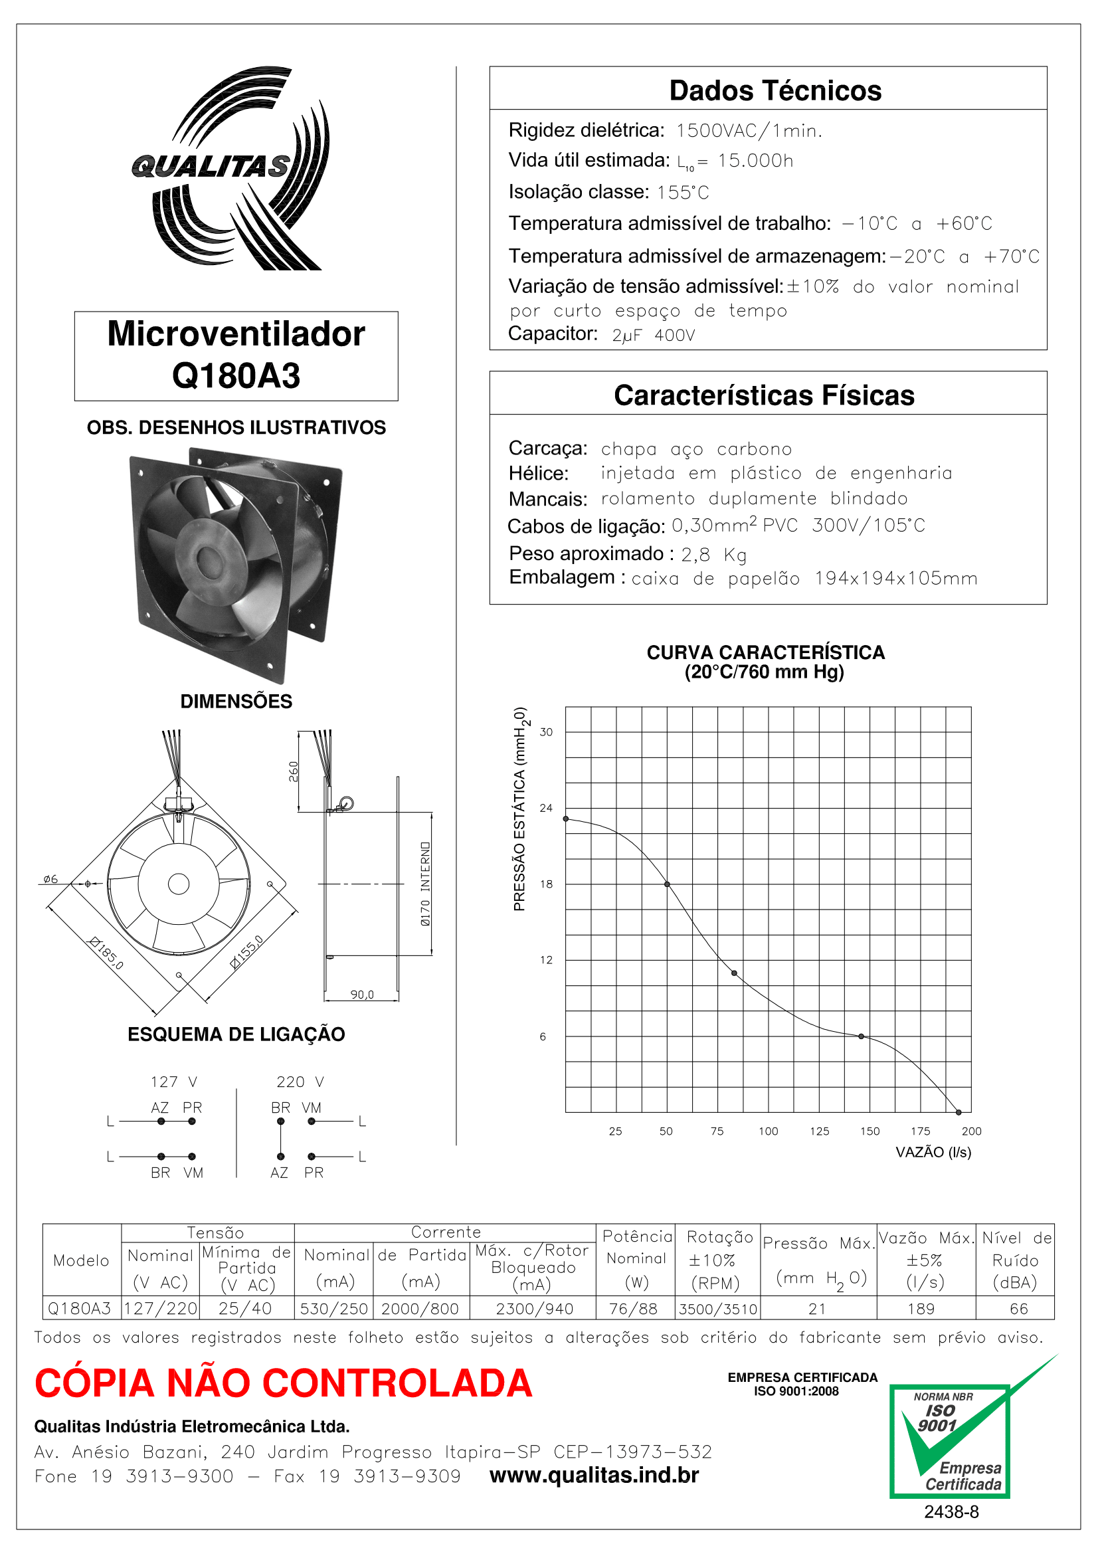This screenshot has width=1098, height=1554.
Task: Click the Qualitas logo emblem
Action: coord(230,169)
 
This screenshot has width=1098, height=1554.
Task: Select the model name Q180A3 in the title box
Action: coord(235,375)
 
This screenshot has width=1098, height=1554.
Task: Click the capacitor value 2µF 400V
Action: coord(654,336)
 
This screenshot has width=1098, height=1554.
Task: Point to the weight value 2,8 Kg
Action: coord(714,555)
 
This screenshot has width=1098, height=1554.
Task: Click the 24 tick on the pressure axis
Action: coord(546,808)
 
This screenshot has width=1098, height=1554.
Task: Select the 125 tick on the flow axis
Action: coord(819,1131)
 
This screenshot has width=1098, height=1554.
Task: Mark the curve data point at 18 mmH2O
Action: coord(667,884)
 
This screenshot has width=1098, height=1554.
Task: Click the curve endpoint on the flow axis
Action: coord(958,1112)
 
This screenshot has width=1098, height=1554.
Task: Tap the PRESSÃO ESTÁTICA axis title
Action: coord(519,809)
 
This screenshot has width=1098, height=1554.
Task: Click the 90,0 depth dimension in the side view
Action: coord(362,995)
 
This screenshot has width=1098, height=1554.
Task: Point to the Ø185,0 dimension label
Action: coord(107,953)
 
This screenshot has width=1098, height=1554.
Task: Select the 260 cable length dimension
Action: coord(294,771)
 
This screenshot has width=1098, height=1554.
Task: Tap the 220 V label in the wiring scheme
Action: coord(300,1082)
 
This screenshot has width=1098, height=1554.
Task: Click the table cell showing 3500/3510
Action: coord(717,1309)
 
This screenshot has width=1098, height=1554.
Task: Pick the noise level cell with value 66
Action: coord(1018,1309)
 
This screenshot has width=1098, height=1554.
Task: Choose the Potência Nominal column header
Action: coord(636,1258)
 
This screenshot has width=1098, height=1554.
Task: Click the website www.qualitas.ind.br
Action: coord(594,1476)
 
